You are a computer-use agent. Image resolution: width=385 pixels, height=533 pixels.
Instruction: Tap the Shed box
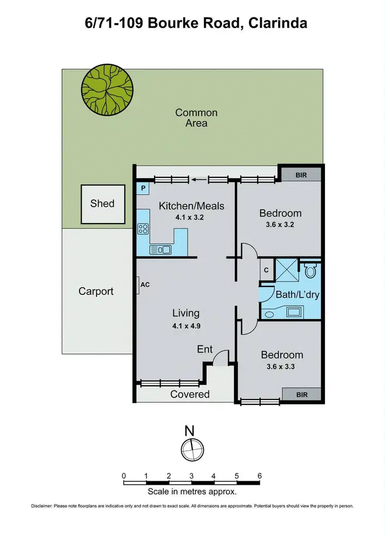coord(103,204)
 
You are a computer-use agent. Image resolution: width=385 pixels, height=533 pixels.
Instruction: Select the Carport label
coord(96,291)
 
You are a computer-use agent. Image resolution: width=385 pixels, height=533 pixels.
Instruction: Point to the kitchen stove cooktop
coord(143,229)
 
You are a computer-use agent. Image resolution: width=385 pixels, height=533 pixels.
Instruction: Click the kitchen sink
coord(160,250)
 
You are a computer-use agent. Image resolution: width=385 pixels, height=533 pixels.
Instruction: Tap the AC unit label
coord(145,285)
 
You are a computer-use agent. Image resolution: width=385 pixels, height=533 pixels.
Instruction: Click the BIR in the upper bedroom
coord(301,175)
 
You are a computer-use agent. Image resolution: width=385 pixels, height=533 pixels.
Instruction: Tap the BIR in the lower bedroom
coord(301,394)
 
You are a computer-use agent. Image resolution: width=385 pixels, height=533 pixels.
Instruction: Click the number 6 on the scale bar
coord(259,476)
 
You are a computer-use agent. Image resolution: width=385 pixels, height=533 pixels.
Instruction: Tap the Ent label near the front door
coord(205,349)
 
